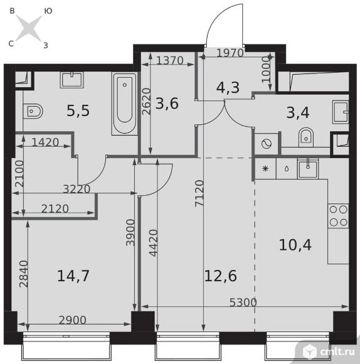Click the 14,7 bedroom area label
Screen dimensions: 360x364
tap(73, 276)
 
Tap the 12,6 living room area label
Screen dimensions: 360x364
tap(221, 276)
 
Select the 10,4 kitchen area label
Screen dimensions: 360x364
tap(295, 245)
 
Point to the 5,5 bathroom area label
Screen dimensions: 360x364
tap(78, 110)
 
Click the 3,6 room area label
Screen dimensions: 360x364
tap(167, 104)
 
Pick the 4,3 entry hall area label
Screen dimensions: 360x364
tap(228, 87)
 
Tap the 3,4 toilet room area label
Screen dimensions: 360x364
tap(298, 113)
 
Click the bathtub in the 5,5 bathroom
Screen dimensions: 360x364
tap(125, 104)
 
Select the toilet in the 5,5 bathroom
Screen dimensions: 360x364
tap(33, 112)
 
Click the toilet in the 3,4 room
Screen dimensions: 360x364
tap(306, 137)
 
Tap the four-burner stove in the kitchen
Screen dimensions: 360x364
tap(338, 216)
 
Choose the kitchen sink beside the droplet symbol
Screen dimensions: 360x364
tap(308, 168)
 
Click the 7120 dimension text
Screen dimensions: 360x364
tap(199, 193)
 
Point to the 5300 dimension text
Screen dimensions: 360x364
tap(243, 302)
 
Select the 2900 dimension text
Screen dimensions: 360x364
tap(72, 320)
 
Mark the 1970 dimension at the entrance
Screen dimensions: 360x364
tap(230, 53)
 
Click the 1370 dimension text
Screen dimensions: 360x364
tap(170, 61)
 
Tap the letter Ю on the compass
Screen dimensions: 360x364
tap(48, 11)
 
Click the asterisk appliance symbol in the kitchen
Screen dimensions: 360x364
tap(265, 169)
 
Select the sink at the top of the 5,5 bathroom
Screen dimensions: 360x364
tap(72, 80)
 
